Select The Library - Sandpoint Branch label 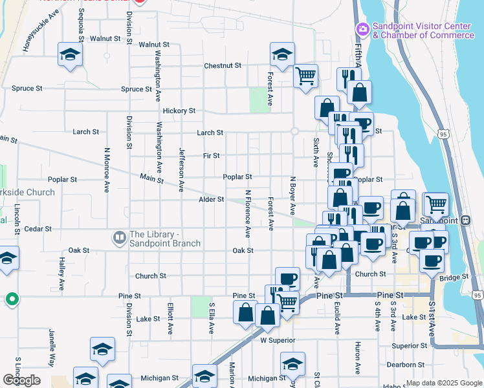[164, 239]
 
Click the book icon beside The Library [119, 238]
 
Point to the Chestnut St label [223, 66]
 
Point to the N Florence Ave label [247, 213]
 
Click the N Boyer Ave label [292, 196]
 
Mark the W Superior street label [278, 340]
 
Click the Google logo [21, 380]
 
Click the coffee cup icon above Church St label [287, 279]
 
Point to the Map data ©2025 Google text [443, 383]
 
